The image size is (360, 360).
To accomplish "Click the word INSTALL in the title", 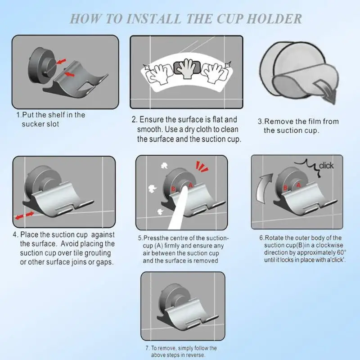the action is pos(153,18).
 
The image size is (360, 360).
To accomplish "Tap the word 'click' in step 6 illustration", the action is pos(326,166).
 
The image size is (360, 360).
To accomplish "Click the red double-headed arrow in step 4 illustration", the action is pos(24,216).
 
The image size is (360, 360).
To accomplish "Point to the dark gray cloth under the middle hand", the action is pos(187,67).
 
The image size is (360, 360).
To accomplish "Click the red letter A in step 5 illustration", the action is pos(190,185).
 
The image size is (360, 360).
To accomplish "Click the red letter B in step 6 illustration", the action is pos(285,188).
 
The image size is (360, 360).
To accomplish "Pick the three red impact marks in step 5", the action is pos(201,166).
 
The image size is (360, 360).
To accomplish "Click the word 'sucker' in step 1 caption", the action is pos(31,124).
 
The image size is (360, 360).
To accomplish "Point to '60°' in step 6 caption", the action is pos(342,252).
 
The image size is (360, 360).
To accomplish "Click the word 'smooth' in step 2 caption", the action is pos(150,129).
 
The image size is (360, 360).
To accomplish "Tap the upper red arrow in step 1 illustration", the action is pos(61,61).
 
